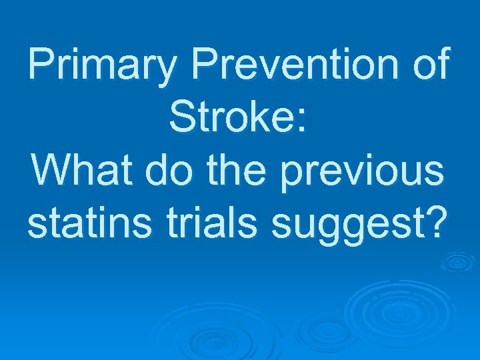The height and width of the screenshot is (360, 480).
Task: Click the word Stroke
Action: (x=232, y=119)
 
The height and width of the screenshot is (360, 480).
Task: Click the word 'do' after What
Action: (x=162, y=171)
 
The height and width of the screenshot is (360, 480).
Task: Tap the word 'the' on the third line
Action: (x=238, y=171)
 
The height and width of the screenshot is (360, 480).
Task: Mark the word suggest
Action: (x=347, y=227)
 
